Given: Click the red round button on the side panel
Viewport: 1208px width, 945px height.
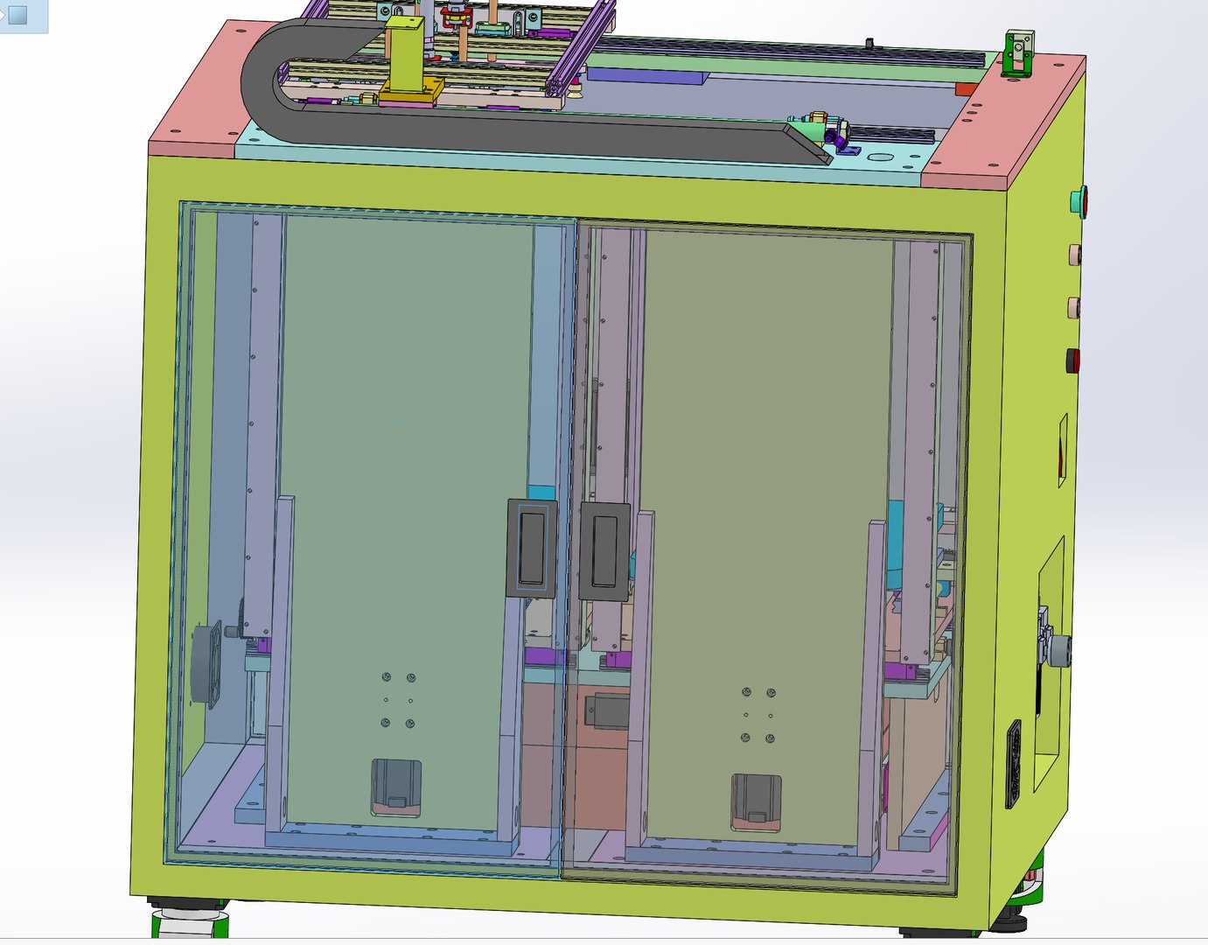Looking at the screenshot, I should coord(1073,360).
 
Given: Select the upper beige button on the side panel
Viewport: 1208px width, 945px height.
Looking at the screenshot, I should coord(1073,255).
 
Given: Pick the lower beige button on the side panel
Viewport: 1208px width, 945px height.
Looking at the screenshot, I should coord(1073,307).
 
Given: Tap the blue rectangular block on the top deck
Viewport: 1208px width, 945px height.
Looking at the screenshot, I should coord(647,76).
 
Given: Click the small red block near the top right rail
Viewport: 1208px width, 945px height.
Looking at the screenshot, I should coord(965,89).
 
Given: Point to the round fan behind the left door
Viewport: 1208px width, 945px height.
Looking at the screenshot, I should coord(207,662).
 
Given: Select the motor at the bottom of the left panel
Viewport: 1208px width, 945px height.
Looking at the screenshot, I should coord(396,787).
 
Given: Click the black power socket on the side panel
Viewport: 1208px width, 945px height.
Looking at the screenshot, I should coord(1015,763).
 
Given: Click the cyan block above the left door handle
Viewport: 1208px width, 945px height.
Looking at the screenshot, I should coord(541,493).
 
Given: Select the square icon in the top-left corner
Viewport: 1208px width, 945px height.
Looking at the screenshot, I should coord(17,14).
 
